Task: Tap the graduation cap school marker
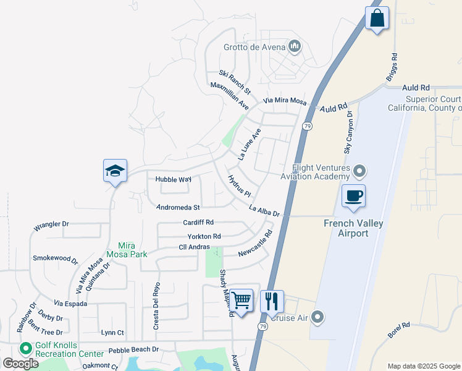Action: coord(115,171)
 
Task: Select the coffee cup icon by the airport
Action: coord(353,196)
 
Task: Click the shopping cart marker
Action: coord(241,301)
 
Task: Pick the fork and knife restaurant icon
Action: coord(272,302)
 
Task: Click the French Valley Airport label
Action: coord(353,228)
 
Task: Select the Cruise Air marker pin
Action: coord(317,318)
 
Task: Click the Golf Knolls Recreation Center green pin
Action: coord(26,349)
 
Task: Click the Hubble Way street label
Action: coord(173,179)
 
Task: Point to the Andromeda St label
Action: coord(178,208)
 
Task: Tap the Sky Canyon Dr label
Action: coord(350,132)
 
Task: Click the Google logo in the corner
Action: coord(21,364)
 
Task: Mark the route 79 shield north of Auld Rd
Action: coord(307,126)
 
